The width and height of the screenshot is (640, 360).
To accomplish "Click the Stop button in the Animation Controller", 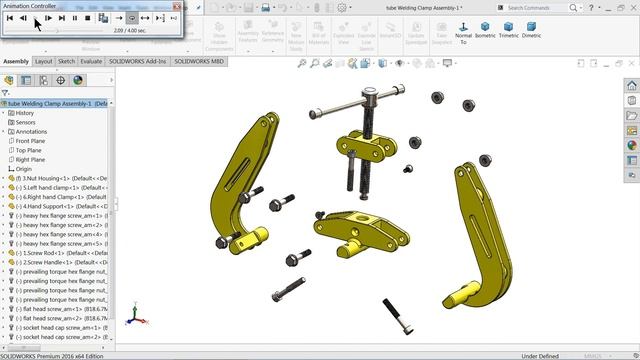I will click(x=88, y=17).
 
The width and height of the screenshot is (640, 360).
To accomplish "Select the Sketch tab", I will click(x=66, y=61).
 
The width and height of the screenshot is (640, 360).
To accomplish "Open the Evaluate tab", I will click(x=91, y=61).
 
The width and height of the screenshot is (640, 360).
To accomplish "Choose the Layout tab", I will click(x=44, y=61).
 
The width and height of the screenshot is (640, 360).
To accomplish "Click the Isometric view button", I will click(x=486, y=31).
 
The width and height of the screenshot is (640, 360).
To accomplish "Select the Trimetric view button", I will click(x=509, y=31).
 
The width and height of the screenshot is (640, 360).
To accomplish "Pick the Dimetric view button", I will click(x=532, y=31).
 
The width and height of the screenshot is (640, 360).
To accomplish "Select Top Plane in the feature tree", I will click(x=29, y=150).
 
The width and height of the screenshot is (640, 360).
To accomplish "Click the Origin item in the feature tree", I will click(x=24, y=169).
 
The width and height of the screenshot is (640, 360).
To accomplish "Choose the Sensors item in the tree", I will click(x=25, y=122).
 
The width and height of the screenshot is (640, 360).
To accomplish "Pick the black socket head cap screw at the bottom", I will click(x=395, y=315).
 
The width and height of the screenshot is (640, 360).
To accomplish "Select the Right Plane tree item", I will click(x=30, y=159).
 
